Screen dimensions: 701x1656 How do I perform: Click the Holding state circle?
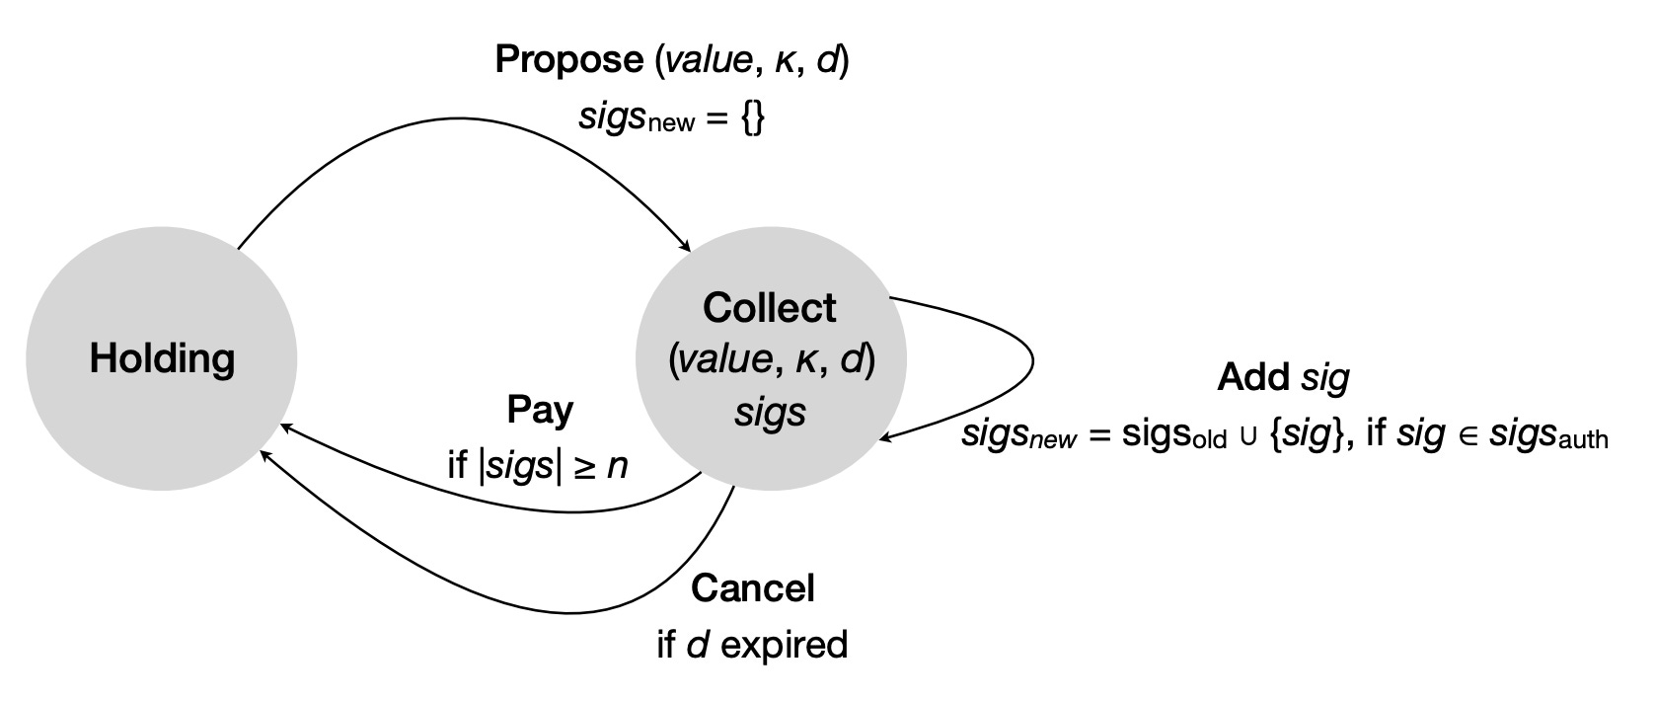click(x=161, y=357)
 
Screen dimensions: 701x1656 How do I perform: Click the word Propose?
click(x=567, y=60)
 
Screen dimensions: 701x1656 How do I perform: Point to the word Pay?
click(x=540, y=410)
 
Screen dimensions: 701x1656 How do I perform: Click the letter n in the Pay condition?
click(x=618, y=465)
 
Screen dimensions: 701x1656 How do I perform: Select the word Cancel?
click(x=752, y=588)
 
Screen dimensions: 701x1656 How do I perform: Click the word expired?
click(x=785, y=645)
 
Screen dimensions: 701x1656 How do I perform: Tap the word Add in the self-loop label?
click(x=1253, y=377)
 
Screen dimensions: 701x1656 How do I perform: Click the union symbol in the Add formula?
click(x=1248, y=437)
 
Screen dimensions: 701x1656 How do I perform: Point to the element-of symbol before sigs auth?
click(x=1468, y=436)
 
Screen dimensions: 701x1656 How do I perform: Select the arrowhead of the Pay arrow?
click(x=284, y=427)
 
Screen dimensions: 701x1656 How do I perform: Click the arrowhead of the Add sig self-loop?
click(x=885, y=437)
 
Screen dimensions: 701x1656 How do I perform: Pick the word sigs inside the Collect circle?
click(x=770, y=412)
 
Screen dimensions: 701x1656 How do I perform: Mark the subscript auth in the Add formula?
click(x=1584, y=440)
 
